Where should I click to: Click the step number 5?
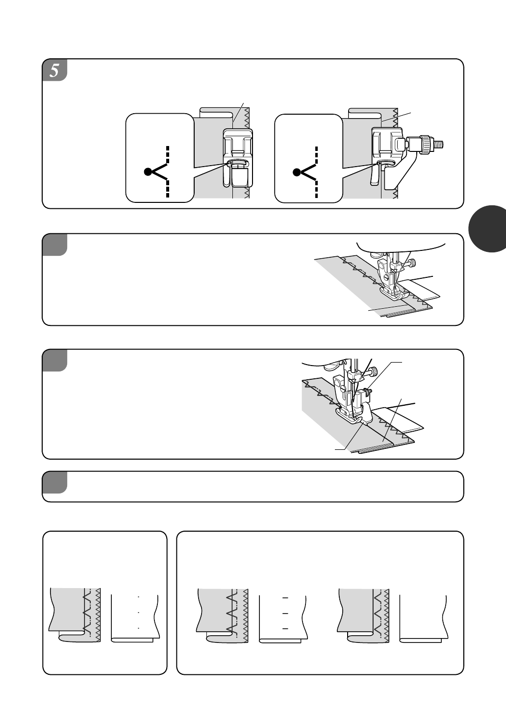54,71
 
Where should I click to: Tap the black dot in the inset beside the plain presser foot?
148,172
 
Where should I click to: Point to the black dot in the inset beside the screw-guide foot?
297,172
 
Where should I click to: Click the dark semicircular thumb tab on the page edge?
488,229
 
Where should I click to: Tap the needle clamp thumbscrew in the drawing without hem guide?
412,263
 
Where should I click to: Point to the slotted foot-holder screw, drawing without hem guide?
386,278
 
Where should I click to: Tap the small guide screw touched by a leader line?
369,391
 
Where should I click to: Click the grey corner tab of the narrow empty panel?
54,482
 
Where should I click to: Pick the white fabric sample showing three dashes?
283,619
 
